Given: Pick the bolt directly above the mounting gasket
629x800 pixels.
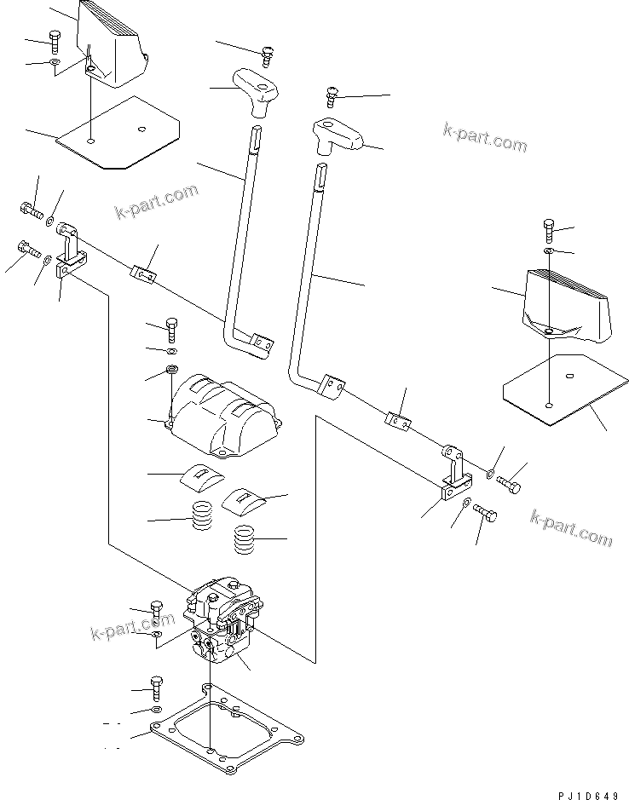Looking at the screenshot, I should point(155,686).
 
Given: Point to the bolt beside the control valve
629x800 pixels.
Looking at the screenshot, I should point(156,611).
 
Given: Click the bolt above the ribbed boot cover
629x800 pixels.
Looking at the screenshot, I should point(173,328).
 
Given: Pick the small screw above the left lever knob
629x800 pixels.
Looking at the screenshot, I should point(267,54).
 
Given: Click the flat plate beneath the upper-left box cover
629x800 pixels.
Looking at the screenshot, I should point(119,132).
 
